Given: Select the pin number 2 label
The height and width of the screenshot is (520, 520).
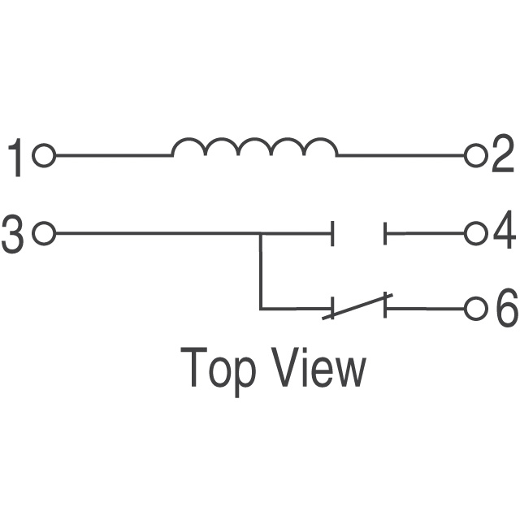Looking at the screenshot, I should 503,154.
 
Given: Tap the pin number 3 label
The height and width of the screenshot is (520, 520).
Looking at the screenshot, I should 14,234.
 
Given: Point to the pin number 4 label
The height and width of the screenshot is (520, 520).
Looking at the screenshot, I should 504,234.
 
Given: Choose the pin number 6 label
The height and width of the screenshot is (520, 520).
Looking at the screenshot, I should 505,310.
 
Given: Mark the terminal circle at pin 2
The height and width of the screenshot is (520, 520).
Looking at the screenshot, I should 474,154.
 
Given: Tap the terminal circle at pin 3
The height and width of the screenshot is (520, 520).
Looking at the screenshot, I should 45,235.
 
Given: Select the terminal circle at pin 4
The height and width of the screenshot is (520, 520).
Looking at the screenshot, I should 474,235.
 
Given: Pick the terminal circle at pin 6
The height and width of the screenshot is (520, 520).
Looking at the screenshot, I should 476,310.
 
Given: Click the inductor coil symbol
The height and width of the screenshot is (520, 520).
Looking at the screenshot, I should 254,147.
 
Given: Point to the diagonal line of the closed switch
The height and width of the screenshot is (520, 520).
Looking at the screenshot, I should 357,306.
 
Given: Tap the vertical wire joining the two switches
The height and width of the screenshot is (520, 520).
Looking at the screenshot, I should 261,272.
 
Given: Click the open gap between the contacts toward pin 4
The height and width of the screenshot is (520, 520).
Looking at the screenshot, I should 359,235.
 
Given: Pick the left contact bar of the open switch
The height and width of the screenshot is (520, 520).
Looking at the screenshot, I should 331,235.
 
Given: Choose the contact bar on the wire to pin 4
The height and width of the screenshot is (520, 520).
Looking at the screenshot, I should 386,235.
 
